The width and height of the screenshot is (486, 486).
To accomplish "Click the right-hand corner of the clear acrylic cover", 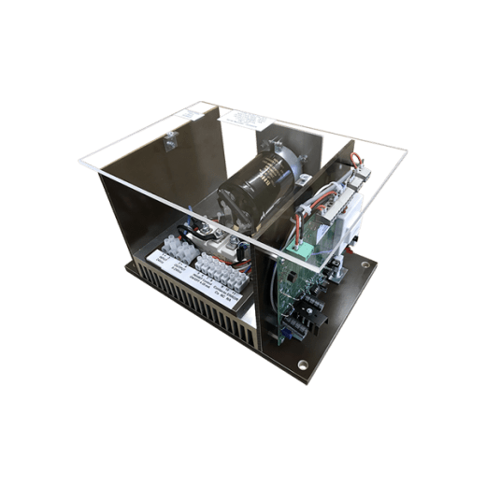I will click(x=407, y=150).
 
